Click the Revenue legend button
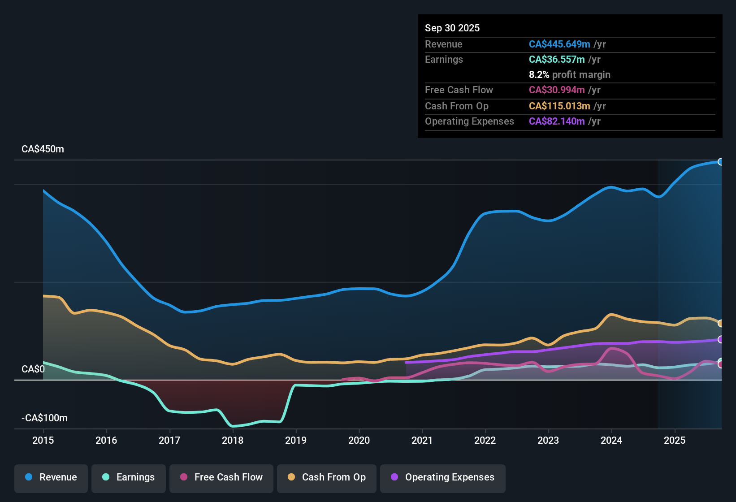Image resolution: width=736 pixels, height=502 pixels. click(x=51, y=477)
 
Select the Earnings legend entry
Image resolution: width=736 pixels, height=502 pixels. click(x=129, y=477)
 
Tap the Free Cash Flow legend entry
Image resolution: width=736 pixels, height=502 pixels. click(x=221, y=477)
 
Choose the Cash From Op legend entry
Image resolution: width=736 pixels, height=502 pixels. click(x=327, y=477)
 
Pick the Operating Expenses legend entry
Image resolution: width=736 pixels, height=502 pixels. click(x=443, y=477)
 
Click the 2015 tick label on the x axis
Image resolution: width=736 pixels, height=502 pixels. click(x=43, y=440)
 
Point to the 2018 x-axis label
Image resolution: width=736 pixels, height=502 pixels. click(x=233, y=440)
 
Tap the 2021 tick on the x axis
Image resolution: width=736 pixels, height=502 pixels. click(x=422, y=440)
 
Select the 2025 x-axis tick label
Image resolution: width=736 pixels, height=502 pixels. click(x=674, y=440)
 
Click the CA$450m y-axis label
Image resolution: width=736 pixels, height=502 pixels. click(x=43, y=149)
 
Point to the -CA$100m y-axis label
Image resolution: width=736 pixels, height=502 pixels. click(x=44, y=418)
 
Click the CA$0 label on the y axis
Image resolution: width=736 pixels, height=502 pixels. click(x=33, y=369)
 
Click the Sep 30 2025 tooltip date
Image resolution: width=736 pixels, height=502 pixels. click(x=452, y=28)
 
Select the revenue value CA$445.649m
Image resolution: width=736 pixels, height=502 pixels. click(x=559, y=44)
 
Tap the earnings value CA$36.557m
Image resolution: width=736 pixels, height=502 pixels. click(x=556, y=60)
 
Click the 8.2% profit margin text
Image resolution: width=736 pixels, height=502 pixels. click(x=569, y=75)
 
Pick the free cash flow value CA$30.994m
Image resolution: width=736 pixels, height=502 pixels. click(x=556, y=90)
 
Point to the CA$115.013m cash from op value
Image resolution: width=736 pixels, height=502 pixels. click(x=559, y=106)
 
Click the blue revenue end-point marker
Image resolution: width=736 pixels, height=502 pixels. click(x=720, y=162)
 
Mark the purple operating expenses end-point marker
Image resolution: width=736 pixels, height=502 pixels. click(x=720, y=340)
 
